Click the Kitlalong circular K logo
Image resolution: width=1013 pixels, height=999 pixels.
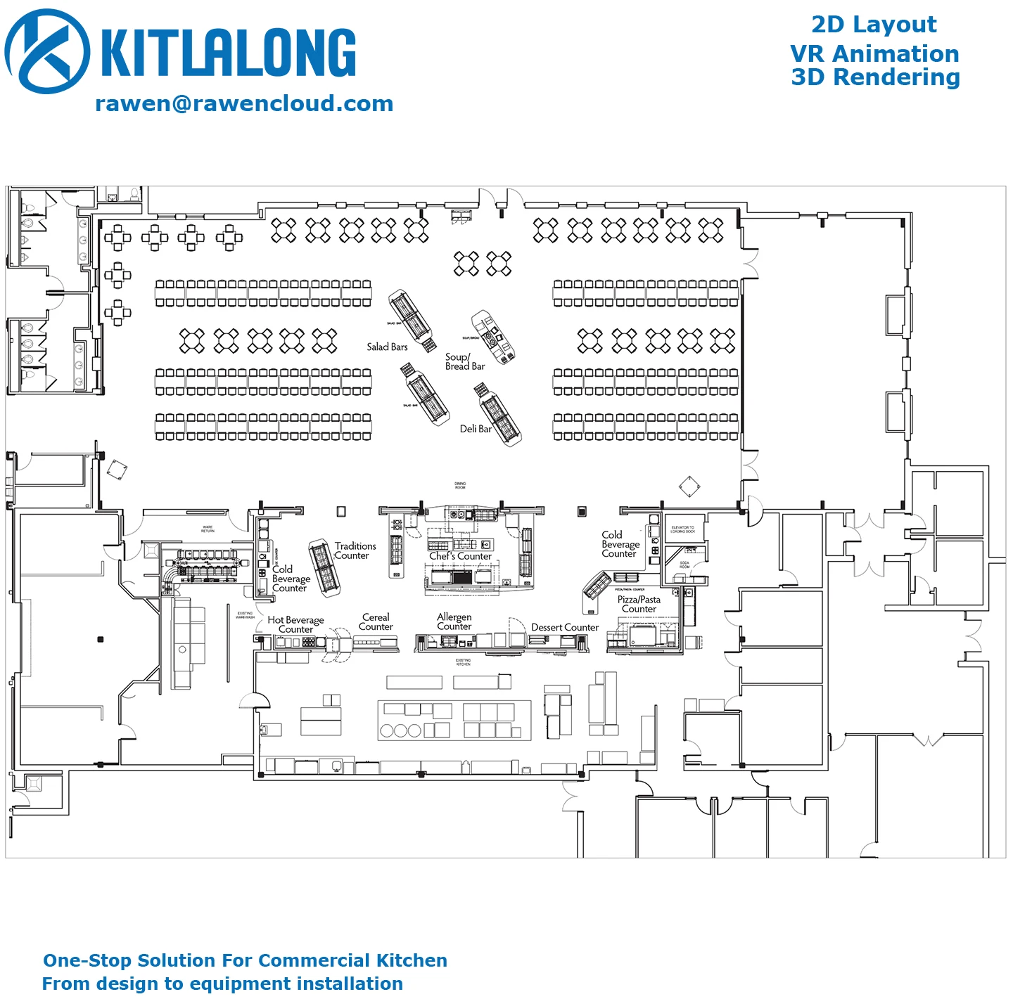[47, 51]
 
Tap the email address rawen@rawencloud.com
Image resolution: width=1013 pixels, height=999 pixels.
[244, 104]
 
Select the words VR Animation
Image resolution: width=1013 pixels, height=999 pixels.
[874, 54]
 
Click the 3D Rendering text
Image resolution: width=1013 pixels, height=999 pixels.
[875, 77]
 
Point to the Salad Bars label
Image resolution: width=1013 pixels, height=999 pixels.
[387, 347]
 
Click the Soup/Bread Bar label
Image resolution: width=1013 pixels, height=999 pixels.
[464, 361]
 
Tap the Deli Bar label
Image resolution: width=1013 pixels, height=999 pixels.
[476, 429]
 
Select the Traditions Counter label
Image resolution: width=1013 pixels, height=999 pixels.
[354, 550]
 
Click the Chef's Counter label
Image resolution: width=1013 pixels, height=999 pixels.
[460, 556]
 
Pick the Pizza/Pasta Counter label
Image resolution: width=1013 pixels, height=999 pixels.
[639, 604]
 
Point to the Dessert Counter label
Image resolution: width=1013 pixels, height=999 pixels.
[565, 627]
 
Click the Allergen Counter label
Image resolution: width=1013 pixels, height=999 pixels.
[454, 621]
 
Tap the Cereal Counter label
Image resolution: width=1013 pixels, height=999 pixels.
[376, 621]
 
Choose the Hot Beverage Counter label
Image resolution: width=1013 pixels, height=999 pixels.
[295, 624]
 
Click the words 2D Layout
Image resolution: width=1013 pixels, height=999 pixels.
[874, 25]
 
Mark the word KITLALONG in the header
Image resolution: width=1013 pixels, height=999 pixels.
[229, 53]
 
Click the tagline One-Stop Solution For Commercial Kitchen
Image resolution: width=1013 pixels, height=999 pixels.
[245, 960]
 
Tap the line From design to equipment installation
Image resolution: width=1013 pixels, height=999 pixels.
[222, 984]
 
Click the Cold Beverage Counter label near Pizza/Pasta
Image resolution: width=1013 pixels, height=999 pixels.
[620, 544]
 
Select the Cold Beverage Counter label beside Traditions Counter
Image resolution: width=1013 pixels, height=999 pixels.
[291, 579]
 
